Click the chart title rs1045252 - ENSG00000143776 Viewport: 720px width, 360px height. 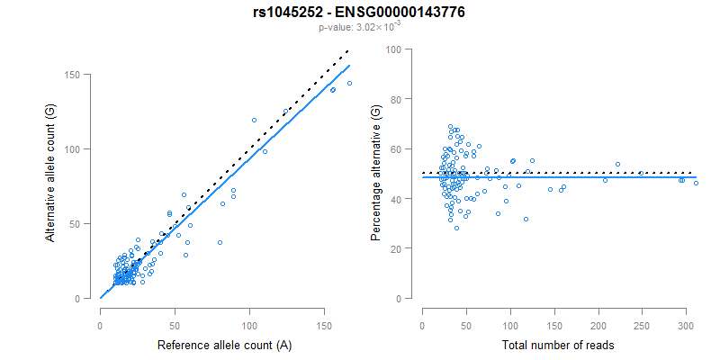click(x=359, y=12)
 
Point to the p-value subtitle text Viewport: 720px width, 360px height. click(x=359, y=27)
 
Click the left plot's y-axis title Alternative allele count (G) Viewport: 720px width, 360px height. click(x=51, y=171)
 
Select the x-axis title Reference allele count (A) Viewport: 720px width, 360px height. click(x=224, y=345)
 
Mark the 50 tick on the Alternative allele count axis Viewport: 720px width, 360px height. click(x=83, y=223)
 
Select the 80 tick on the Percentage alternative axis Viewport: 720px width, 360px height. click(x=394, y=99)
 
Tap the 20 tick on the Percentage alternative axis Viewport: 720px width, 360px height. click(x=394, y=247)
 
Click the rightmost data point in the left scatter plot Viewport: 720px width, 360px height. click(x=349, y=83)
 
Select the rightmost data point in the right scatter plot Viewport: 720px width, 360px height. click(x=696, y=183)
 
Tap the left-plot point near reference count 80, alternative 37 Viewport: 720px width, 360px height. click(x=220, y=242)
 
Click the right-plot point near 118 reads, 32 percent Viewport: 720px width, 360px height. click(x=526, y=219)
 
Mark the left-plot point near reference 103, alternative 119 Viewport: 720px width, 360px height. click(x=254, y=120)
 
